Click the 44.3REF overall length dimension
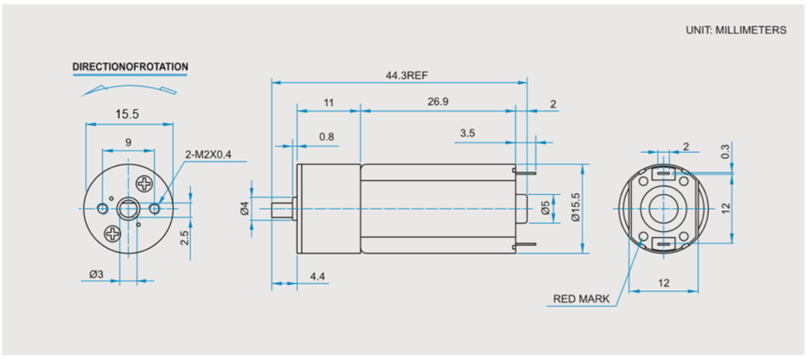[x=406, y=75]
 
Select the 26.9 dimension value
[x=437, y=102]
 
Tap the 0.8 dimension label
[x=326, y=137]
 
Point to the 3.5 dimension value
[x=468, y=133]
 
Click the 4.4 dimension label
[x=317, y=277]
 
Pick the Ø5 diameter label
[x=546, y=209]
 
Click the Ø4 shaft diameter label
[x=245, y=209]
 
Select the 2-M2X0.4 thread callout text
[x=208, y=154]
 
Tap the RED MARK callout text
[x=581, y=299]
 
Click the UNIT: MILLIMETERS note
[x=736, y=30]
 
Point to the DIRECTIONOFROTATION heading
[x=130, y=67]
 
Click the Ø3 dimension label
[x=97, y=274]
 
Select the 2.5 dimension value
[x=186, y=238]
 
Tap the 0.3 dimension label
[x=726, y=151]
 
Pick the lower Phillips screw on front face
[x=112, y=234]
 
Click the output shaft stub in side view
[x=282, y=209]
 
